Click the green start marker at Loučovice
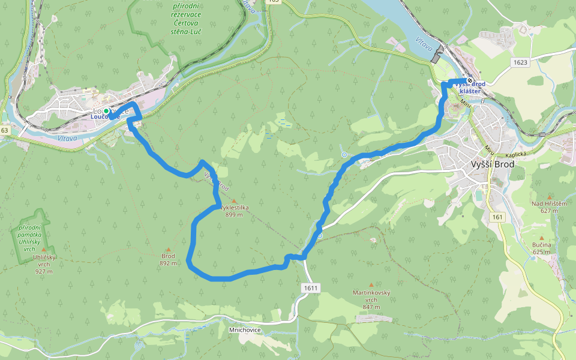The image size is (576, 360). point(106,112)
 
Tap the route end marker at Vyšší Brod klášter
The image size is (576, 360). point(470,82)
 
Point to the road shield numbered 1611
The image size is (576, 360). point(310,289)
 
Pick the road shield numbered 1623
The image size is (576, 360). point(520,62)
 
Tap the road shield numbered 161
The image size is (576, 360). point(497,217)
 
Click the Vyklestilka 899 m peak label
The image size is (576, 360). point(233,211)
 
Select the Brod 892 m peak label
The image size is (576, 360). point(168,259)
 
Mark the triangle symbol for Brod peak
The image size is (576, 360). point(168,249)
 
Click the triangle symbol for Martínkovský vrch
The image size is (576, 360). point(371,284)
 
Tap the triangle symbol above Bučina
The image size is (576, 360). point(541,238)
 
